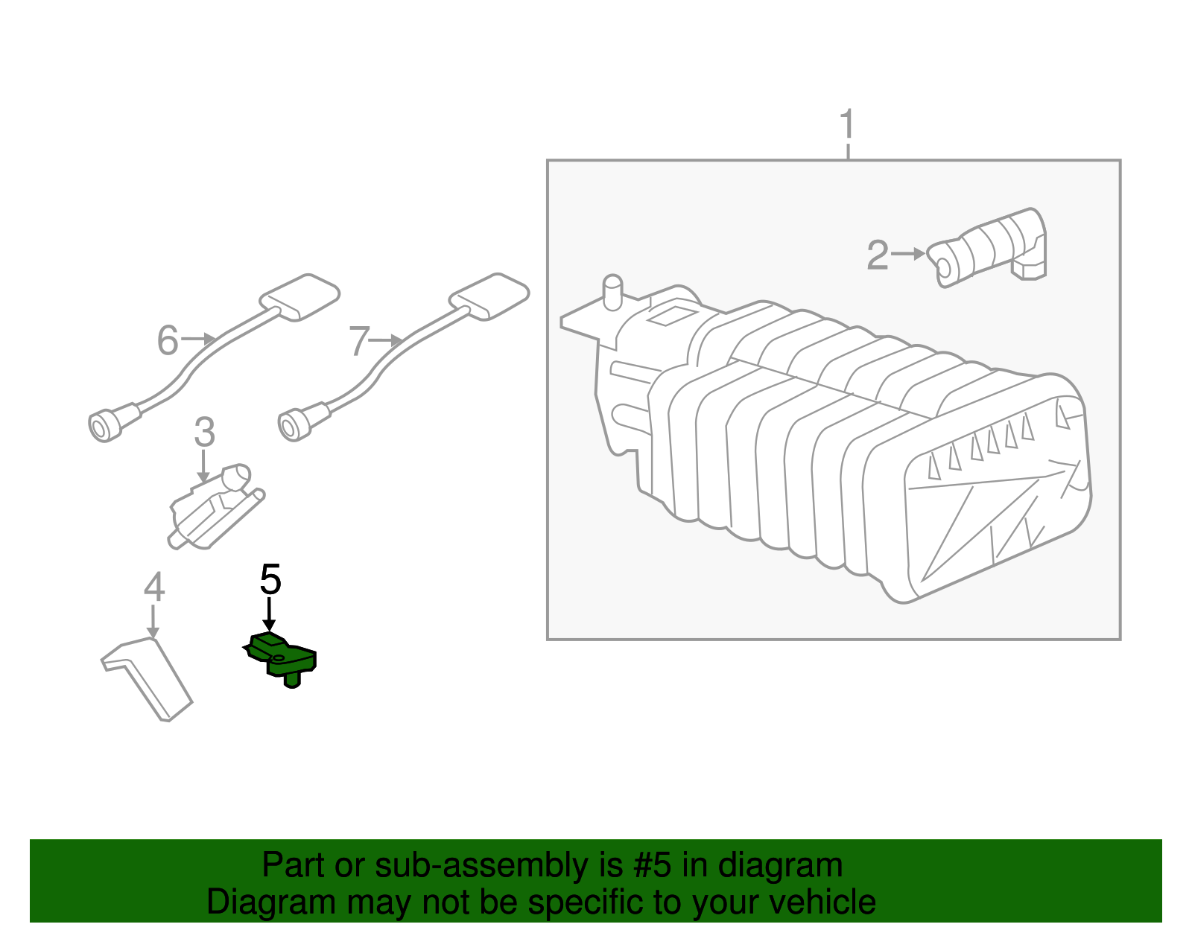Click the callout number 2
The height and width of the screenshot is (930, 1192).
coord(878,255)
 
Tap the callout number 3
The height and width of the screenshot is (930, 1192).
coord(204,433)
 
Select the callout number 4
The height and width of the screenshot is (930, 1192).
coord(153,587)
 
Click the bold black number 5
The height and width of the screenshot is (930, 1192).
coord(270,579)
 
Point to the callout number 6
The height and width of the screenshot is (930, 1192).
coord(168,341)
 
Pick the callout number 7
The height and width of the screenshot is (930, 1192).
coord(359,342)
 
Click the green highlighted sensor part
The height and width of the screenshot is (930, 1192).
coord(283,657)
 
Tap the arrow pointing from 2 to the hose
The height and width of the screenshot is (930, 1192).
coord(908,254)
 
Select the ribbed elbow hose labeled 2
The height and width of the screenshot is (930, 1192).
coord(991,246)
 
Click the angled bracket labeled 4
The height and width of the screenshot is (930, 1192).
coord(149,674)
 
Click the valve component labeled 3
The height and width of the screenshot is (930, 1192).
coord(215,506)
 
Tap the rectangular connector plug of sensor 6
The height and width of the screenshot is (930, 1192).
coord(300,296)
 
